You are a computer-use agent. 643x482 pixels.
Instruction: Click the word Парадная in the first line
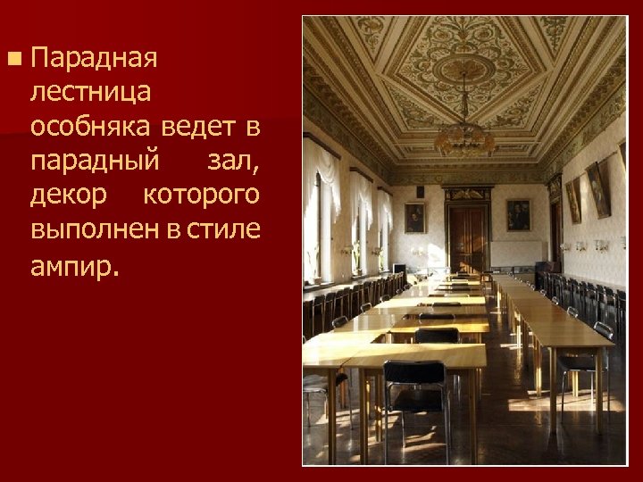pos(94,60)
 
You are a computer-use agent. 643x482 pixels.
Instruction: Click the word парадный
pos(96,162)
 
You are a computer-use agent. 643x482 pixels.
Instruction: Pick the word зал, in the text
pos(233,162)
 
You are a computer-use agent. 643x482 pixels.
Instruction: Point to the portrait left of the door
pos(414,217)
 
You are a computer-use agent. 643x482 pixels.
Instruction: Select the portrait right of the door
pos(518,215)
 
